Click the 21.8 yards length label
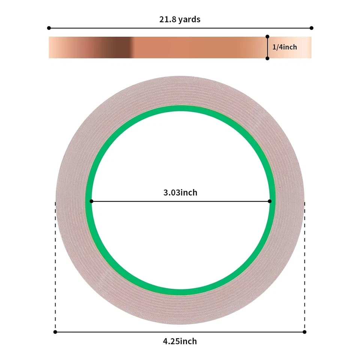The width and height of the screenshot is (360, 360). (x=180, y=19)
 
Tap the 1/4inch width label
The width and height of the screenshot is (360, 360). (x=284, y=47)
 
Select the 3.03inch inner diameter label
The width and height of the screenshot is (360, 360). (x=180, y=193)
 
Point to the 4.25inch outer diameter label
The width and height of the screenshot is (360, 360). (x=180, y=341)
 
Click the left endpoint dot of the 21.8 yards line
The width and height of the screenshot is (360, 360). (x=49, y=28)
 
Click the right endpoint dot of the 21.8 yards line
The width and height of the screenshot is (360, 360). (x=312, y=28)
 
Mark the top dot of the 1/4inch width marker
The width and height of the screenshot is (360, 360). (x=267, y=36)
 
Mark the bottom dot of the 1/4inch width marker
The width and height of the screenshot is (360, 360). (x=267, y=58)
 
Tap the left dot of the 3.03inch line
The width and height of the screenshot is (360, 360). (x=91, y=201)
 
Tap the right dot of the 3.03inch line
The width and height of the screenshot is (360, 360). (x=270, y=201)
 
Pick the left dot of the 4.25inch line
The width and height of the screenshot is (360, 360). (x=55, y=332)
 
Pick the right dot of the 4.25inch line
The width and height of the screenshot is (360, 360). (x=304, y=332)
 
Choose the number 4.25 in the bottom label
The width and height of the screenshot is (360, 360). (x=171, y=341)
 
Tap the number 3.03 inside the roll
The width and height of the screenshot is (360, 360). (x=172, y=193)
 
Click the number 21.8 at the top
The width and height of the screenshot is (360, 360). (x=167, y=19)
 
